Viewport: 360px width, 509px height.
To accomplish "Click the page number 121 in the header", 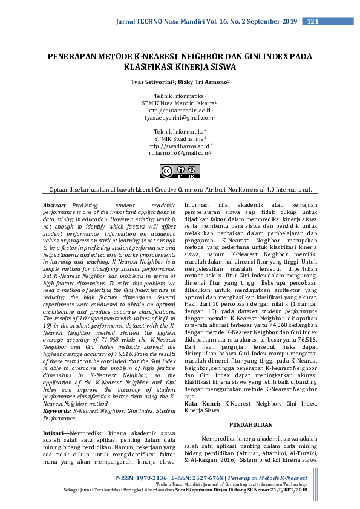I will [x=313, y=22].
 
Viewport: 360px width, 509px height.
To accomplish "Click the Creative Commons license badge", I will [x=180, y=172].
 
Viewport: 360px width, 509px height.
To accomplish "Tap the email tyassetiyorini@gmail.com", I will [x=179, y=119].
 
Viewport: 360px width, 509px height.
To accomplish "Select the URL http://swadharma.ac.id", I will [x=179, y=146].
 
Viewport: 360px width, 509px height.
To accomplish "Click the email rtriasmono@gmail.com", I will [x=179, y=154].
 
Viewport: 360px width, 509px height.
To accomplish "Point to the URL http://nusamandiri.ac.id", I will [x=179, y=111].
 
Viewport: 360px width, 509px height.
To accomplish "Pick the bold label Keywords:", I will [x=57, y=410].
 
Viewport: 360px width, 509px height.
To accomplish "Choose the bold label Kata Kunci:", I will [x=202, y=403].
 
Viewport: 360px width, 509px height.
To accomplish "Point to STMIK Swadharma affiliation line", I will [x=179, y=138].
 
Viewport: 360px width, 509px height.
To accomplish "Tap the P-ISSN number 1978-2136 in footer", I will [x=154, y=478].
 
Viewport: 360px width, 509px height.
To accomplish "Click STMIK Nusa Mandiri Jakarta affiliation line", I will [x=179, y=103].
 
